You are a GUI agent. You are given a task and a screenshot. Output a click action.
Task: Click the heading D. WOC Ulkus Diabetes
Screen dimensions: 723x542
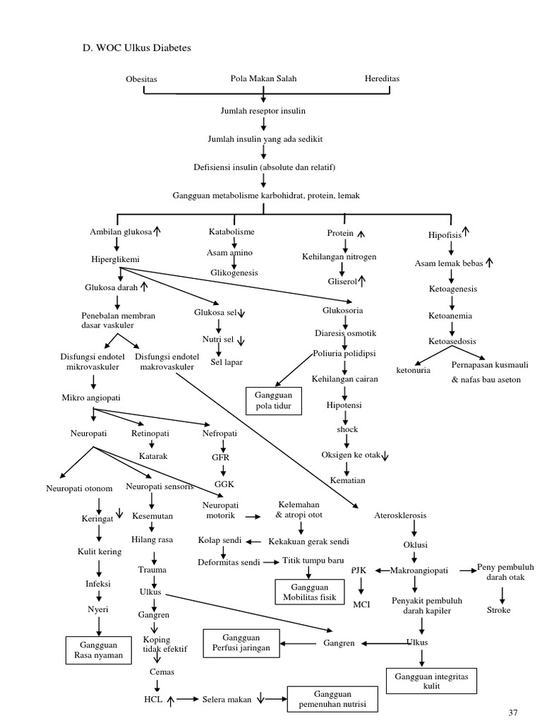coord(138,48)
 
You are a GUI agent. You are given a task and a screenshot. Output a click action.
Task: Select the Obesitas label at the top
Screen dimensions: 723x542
coord(141,79)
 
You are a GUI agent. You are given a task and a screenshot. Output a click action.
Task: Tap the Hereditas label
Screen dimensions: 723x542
coord(382,78)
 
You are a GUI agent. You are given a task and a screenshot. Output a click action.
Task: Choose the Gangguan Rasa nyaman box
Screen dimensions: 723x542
coord(99,650)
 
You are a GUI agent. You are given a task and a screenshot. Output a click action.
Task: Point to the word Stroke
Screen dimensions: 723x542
coord(498,609)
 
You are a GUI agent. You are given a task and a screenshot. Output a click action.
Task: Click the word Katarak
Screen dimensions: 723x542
coord(152,456)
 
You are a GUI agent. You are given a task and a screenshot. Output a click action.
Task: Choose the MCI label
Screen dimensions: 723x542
coord(361,604)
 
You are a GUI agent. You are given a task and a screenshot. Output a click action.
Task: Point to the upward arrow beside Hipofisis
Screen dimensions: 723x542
coord(466,231)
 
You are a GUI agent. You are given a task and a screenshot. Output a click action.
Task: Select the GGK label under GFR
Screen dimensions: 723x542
coord(224,486)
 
